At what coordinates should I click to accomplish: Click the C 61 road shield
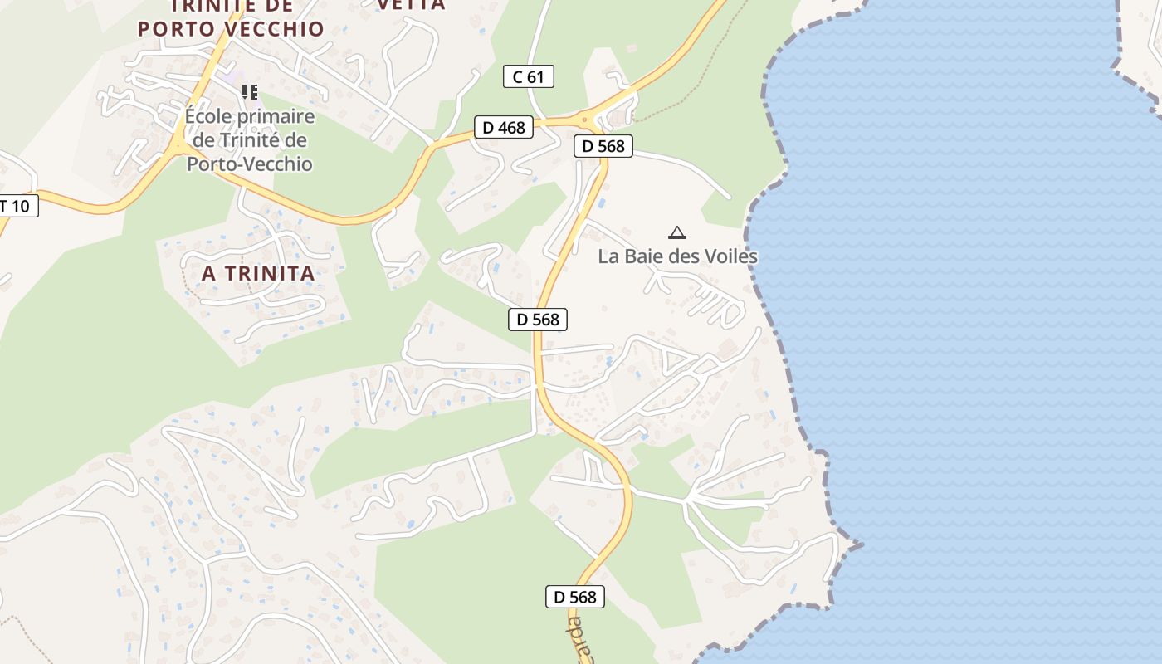click(x=528, y=77)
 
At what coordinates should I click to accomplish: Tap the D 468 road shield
click(x=504, y=127)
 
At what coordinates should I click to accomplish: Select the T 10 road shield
click(x=17, y=206)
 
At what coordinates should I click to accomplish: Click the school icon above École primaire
click(x=250, y=92)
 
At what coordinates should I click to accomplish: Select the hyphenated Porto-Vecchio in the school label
click(x=249, y=164)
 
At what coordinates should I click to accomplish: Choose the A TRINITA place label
click(x=258, y=273)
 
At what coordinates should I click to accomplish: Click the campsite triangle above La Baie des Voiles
click(x=677, y=233)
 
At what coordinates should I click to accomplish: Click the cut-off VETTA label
click(x=412, y=5)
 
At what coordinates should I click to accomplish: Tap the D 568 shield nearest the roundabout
click(x=603, y=146)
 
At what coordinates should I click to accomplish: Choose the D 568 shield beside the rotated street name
click(x=574, y=596)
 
